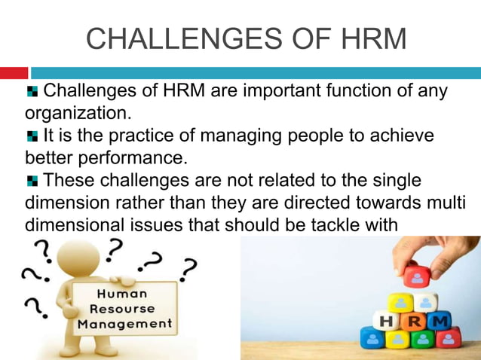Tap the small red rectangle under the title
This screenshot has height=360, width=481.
[x=14, y=73]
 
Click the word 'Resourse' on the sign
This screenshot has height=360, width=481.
[x=122, y=309]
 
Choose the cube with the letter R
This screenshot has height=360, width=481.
[x=414, y=322]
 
